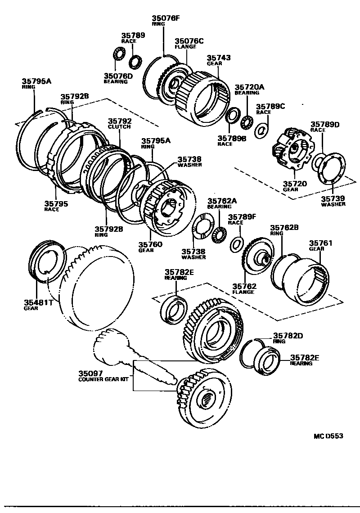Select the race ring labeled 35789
point(135,61)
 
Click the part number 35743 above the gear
point(219,58)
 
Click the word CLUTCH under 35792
point(119,127)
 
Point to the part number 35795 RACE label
point(56,203)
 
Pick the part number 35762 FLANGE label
point(244,286)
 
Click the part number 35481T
point(39,302)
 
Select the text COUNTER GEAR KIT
point(104,379)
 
